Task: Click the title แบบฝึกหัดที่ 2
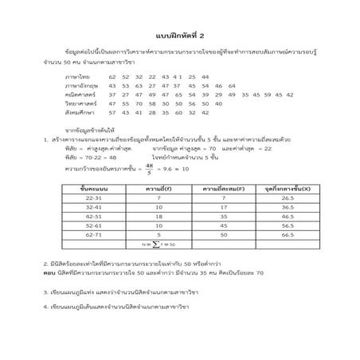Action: [x=180, y=36]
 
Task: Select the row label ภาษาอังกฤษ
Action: [x=80, y=85]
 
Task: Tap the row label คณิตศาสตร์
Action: [x=79, y=94]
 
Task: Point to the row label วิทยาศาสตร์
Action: [x=80, y=104]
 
